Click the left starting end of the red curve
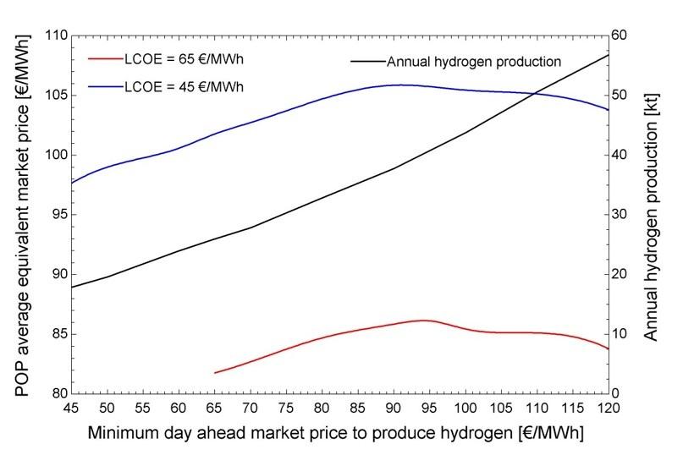tap(215, 372)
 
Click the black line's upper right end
tap(609, 55)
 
